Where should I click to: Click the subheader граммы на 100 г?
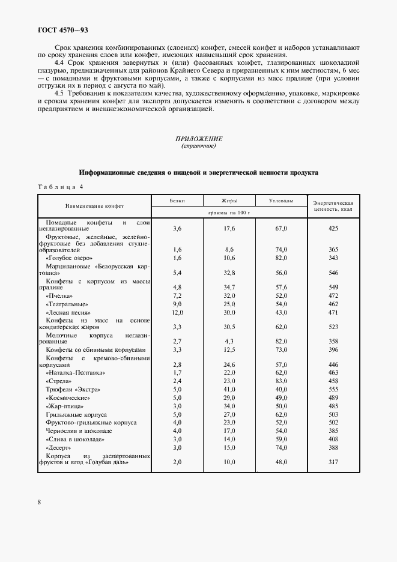[x=228, y=213]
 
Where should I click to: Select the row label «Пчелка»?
[x=59, y=296]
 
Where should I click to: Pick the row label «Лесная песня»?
[x=68, y=313]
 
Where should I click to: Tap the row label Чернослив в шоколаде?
[x=79, y=431]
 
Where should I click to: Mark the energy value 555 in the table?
[x=334, y=390]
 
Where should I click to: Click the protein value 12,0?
[x=177, y=313]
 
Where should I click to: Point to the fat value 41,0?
[x=228, y=390]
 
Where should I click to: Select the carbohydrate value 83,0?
[x=281, y=381]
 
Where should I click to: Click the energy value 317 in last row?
[x=334, y=462]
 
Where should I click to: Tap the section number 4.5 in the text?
[x=59, y=94]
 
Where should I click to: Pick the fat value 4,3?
[x=228, y=340]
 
